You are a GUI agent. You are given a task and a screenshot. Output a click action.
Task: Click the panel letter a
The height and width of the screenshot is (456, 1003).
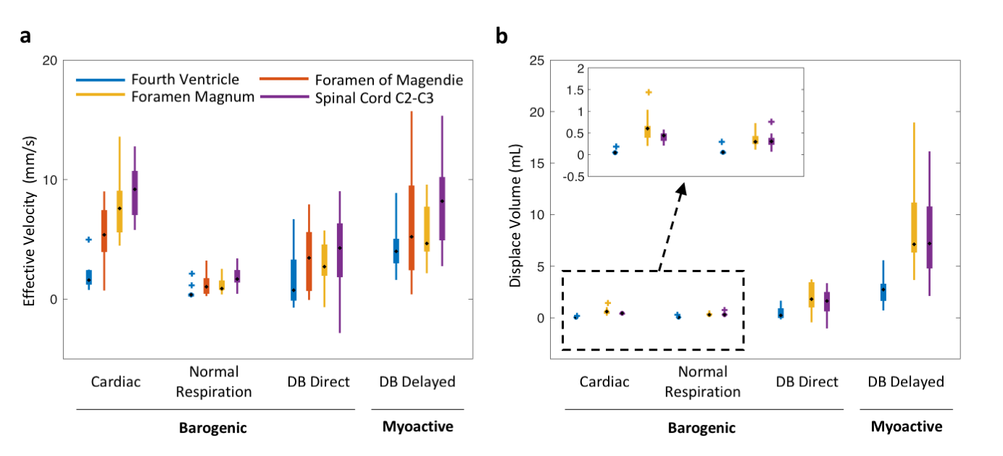[25, 37]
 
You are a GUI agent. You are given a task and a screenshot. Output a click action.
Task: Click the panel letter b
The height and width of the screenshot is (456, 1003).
[501, 36]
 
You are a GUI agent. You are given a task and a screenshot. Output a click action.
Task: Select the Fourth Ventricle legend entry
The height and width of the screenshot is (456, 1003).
[185, 79]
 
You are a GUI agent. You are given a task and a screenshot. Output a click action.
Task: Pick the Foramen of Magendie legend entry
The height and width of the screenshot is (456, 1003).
[388, 79]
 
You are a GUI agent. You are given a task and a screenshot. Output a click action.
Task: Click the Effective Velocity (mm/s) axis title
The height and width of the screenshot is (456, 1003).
[30, 210]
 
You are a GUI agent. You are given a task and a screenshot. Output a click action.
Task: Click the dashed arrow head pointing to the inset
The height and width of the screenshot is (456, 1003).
[681, 189]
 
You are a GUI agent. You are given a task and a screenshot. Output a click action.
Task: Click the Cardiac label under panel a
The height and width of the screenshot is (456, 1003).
[116, 381]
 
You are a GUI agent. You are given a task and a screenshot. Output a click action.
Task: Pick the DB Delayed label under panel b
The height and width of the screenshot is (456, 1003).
[906, 381]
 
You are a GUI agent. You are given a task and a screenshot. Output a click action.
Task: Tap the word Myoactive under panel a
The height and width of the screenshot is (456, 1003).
[417, 426]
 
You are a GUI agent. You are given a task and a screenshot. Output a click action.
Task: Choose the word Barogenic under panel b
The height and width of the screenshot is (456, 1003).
[701, 428]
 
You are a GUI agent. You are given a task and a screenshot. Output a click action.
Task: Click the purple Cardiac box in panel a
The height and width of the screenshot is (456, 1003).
[135, 193]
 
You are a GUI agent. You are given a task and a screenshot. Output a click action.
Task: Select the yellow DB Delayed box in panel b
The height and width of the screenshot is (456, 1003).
[914, 227]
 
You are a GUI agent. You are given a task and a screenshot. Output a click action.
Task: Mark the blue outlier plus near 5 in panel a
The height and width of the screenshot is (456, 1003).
[88, 239]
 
